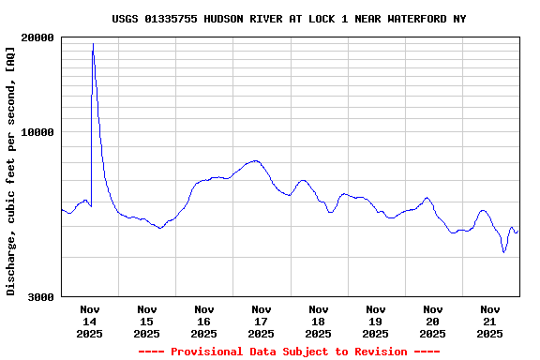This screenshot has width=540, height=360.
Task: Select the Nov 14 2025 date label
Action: tap(90, 321)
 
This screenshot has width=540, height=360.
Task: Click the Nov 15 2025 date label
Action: tap(147, 321)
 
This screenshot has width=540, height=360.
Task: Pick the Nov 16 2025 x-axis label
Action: tap(204, 321)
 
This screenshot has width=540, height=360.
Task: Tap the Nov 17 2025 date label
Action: tap(262, 321)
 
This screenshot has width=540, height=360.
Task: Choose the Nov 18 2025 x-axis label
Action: tap(319, 321)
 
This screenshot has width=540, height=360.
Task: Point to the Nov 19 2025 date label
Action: tap(376, 321)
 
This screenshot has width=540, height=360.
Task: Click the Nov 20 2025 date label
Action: tap(433, 321)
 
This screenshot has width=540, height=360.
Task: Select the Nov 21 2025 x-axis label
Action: tap(490, 321)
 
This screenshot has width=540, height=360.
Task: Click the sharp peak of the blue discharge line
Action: tap(93, 44)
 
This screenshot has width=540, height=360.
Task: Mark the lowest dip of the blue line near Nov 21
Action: tap(503, 251)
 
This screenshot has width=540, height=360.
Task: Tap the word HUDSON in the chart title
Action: tap(225, 19)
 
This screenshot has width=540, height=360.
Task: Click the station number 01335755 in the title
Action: tap(172, 19)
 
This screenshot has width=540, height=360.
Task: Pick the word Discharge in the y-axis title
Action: tap(11, 263)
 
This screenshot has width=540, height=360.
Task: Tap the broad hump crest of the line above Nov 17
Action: tap(254, 160)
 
